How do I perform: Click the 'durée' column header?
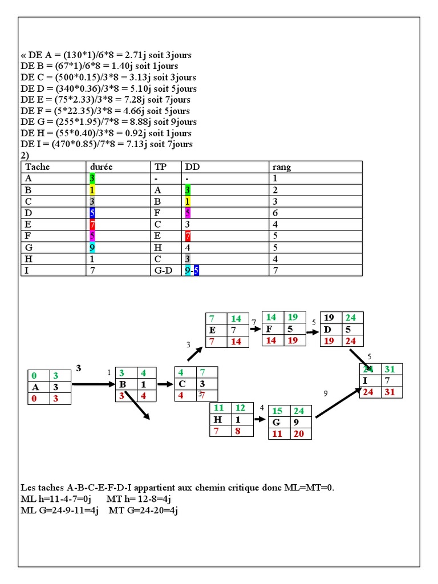pos(101,167)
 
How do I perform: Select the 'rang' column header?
pos(282,167)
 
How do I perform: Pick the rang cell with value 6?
pos(276,213)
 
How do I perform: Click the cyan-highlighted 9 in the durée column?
pos(92,247)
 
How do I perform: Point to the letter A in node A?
pos(36,387)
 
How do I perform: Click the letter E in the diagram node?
pos(213,330)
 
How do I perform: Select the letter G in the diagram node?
pos(277,423)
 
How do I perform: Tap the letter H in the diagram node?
pos(218,419)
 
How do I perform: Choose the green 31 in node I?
pos(390,370)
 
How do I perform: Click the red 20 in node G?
pos(299,434)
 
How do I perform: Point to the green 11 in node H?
pos(218,408)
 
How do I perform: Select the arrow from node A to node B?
pos(94,384)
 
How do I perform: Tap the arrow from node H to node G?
pos(259,419)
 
